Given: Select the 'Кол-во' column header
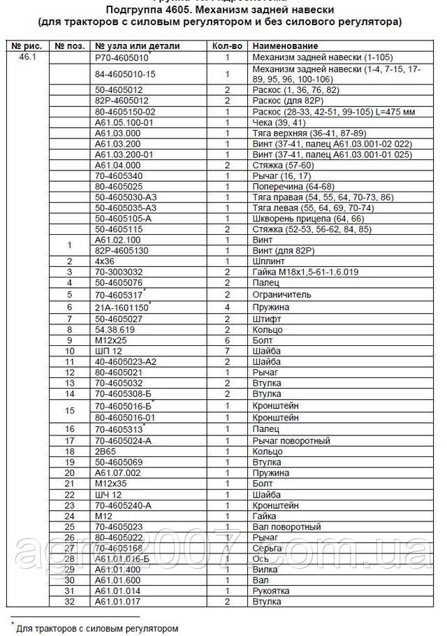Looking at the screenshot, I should coord(227,46).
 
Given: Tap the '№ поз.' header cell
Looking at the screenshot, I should coord(69,46).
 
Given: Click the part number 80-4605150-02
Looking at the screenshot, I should coord(125,111).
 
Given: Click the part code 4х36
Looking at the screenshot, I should coord(104,261).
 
